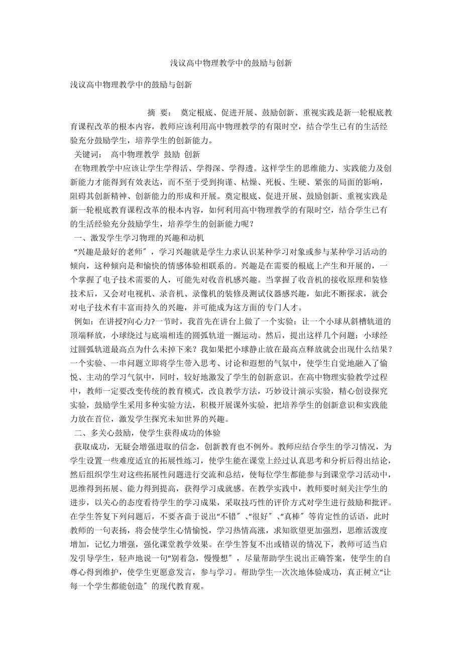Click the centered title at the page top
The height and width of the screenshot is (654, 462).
pyautogui.click(x=231, y=63)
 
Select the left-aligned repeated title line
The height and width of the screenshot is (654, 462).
pyautogui.click(x=131, y=85)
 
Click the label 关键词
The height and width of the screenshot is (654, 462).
pyautogui.click(x=87, y=154)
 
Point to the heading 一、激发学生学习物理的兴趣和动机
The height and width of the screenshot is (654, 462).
pyautogui.click(x=139, y=237)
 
